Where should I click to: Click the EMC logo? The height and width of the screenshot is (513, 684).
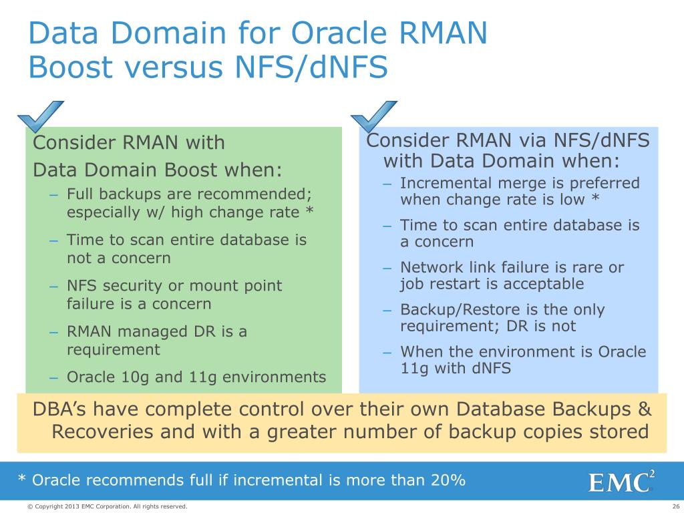(621, 482)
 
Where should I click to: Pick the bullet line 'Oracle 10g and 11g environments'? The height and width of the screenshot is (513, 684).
(196, 377)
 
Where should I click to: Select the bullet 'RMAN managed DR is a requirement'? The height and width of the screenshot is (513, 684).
(157, 340)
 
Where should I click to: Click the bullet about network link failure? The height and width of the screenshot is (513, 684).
(512, 276)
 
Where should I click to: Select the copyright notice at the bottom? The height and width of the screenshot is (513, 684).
(107, 507)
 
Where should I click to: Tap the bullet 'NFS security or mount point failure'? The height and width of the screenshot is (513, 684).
(174, 295)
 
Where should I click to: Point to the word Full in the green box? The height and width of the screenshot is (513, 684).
(79, 194)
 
